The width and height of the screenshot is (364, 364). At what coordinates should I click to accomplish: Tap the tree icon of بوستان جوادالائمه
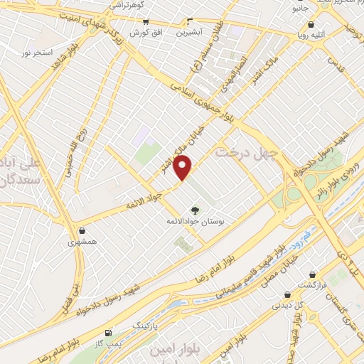point(196,210)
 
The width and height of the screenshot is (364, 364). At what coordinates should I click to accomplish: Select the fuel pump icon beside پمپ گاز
point(108,332)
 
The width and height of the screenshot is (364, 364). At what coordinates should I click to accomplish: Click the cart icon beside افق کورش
point(158,23)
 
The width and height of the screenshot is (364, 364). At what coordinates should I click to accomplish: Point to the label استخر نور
point(37,53)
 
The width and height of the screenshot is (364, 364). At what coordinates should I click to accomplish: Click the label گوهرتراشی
point(127,5)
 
